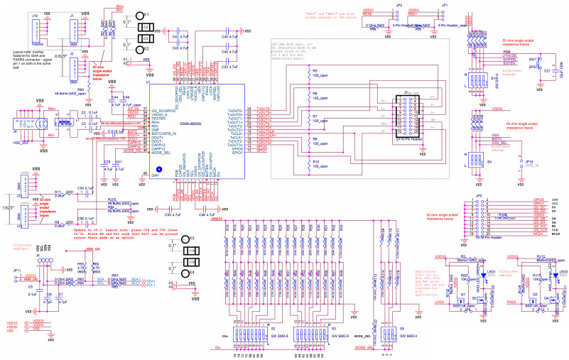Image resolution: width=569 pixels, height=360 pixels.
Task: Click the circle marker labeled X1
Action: coord(139,15)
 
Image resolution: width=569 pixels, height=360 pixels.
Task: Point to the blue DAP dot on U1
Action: coord(159,170)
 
